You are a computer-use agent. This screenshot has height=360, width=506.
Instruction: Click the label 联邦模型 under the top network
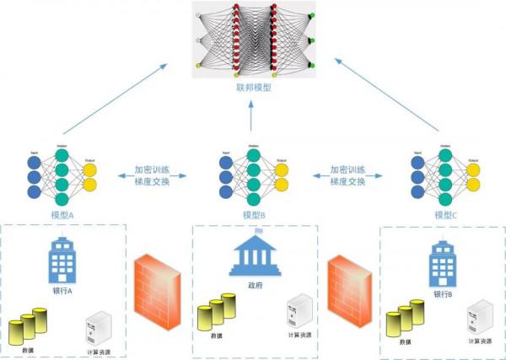pos(253,87)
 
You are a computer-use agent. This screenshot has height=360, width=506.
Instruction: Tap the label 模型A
pos(62,215)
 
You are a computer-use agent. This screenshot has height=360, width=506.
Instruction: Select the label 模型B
pos(253,215)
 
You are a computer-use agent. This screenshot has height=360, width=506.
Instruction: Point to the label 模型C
pos(445,215)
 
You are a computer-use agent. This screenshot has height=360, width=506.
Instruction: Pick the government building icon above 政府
pos(252,256)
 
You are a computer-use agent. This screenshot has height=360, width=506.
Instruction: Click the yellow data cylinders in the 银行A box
pos(28,325)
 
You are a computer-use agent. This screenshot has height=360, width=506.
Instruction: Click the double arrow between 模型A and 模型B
pos(159,175)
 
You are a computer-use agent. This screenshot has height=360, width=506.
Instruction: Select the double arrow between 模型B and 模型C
pos(349,175)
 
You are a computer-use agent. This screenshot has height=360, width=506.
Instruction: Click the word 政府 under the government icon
pos(252,285)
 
